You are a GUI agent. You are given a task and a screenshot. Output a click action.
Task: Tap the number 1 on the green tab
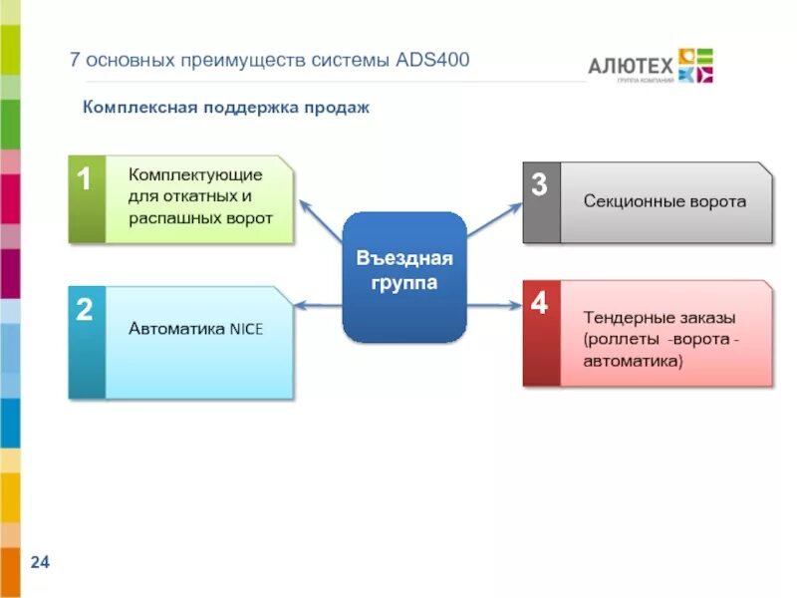coord(85,180)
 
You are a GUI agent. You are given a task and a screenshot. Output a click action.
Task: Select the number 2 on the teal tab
coord(85,310)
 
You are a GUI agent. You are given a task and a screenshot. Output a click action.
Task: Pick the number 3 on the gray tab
coord(539,184)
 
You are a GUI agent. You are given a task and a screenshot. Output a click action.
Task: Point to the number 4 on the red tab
coord(539,304)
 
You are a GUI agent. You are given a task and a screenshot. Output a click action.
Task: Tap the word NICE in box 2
coord(246,328)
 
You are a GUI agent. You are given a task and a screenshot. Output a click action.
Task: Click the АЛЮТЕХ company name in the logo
coord(631,66)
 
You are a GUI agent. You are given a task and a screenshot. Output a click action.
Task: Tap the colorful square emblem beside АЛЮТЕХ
coord(695,65)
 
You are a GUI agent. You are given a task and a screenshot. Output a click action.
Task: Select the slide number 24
coord(40,564)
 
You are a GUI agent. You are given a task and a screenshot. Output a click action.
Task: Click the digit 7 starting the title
coord(74,61)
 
